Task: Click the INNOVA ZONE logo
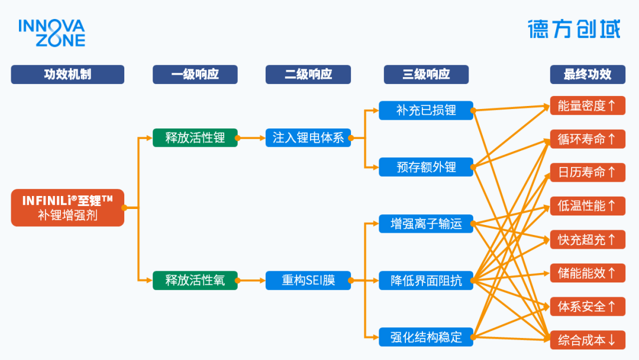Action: click(x=51, y=33)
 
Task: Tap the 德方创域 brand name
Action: click(x=574, y=29)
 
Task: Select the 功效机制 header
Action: click(x=67, y=75)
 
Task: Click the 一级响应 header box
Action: click(x=195, y=75)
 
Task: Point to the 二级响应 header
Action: click(x=308, y=75)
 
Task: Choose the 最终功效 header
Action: click(x=587, y=75)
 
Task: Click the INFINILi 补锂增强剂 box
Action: click(x=67, y=208)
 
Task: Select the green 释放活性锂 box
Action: click(x=195, y=138)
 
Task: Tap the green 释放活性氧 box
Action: click(x=195, y=280)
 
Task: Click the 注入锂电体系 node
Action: click(x=308, y=138)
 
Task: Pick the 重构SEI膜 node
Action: click(x=308, y=280)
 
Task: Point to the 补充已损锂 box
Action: click(x=426, y=110)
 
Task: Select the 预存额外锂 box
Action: click(x=426, y=167)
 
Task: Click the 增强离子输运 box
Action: click(x=426, y=224)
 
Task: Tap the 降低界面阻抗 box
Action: click(x=426, y=281)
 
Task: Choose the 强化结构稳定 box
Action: click(x=426, y=337)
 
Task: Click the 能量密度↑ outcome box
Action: click(x=587, y=106)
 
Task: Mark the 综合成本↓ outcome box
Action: click(x=587, y=340)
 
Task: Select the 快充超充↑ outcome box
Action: click(x=587, y=240)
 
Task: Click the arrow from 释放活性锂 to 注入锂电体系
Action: click(x=251, y=138)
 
